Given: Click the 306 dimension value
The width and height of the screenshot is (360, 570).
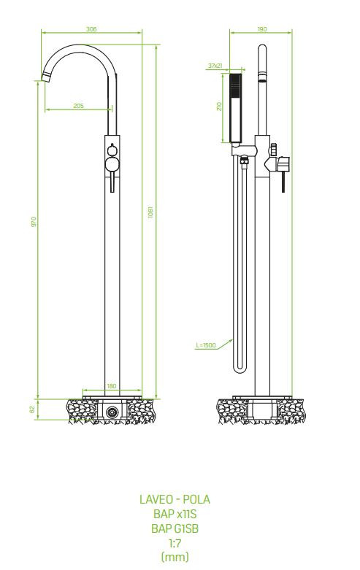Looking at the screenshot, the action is click(x=91, y=29).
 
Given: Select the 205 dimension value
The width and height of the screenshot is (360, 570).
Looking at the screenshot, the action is click(x=79, y=106).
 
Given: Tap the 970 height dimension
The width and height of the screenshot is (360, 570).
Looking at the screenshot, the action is click(x=34, y=222).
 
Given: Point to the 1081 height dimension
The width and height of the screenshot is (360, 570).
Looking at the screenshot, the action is click(x=150, y=212).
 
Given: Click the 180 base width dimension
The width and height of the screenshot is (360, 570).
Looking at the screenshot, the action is click(x=112, y=386).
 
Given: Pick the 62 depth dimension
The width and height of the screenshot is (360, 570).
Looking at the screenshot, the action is click(x=32, y=409).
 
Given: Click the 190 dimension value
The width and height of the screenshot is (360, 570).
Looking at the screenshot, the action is click(x=262, y=29).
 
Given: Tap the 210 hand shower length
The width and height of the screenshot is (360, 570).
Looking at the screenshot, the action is click(x=219, y=107).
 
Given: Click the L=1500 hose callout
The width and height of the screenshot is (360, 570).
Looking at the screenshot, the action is click(x=206, y=345).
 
